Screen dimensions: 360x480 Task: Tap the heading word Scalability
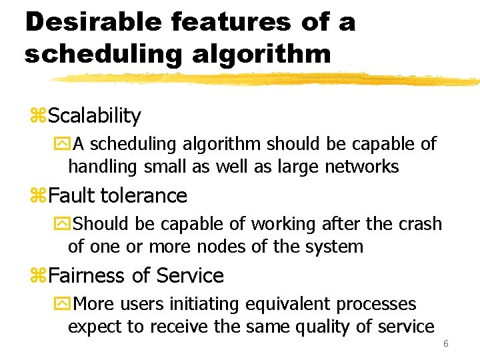[94, 116]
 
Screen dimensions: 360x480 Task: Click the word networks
[361, 166]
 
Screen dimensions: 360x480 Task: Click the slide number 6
[446, 343]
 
